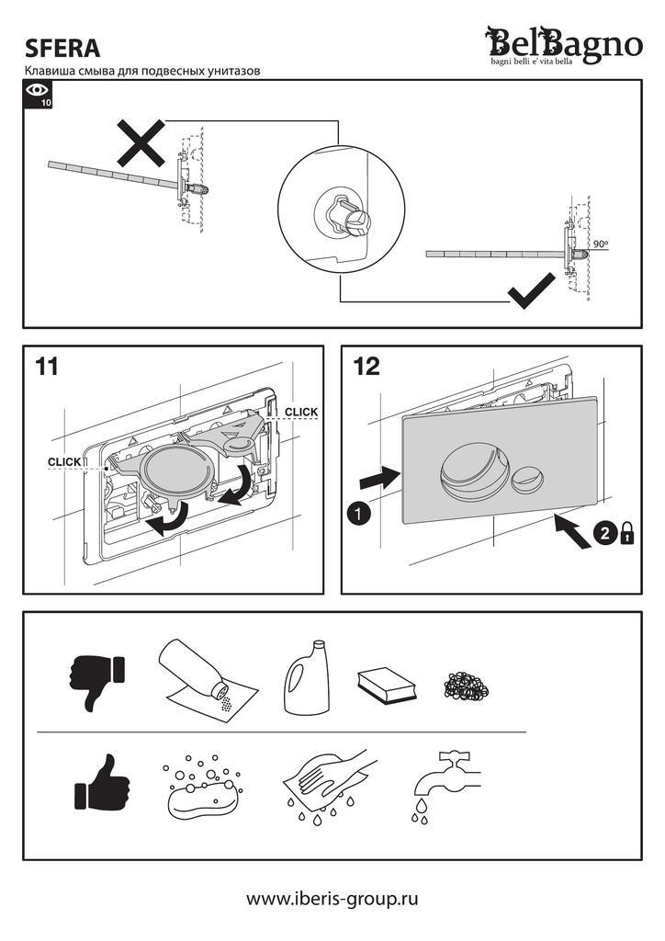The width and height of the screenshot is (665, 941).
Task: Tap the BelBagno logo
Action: tap(564, 44)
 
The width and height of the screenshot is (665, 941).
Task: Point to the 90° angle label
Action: tap(602, 244)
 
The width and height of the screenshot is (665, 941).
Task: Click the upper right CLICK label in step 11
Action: tap(300, 411)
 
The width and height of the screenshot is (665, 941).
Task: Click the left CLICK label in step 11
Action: tap(64, 462)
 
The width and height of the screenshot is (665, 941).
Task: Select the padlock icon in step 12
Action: tap(627, 534)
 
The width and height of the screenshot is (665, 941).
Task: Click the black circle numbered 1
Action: tap(360, 513)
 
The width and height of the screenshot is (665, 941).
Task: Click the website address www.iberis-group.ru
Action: tap(332, 898)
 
